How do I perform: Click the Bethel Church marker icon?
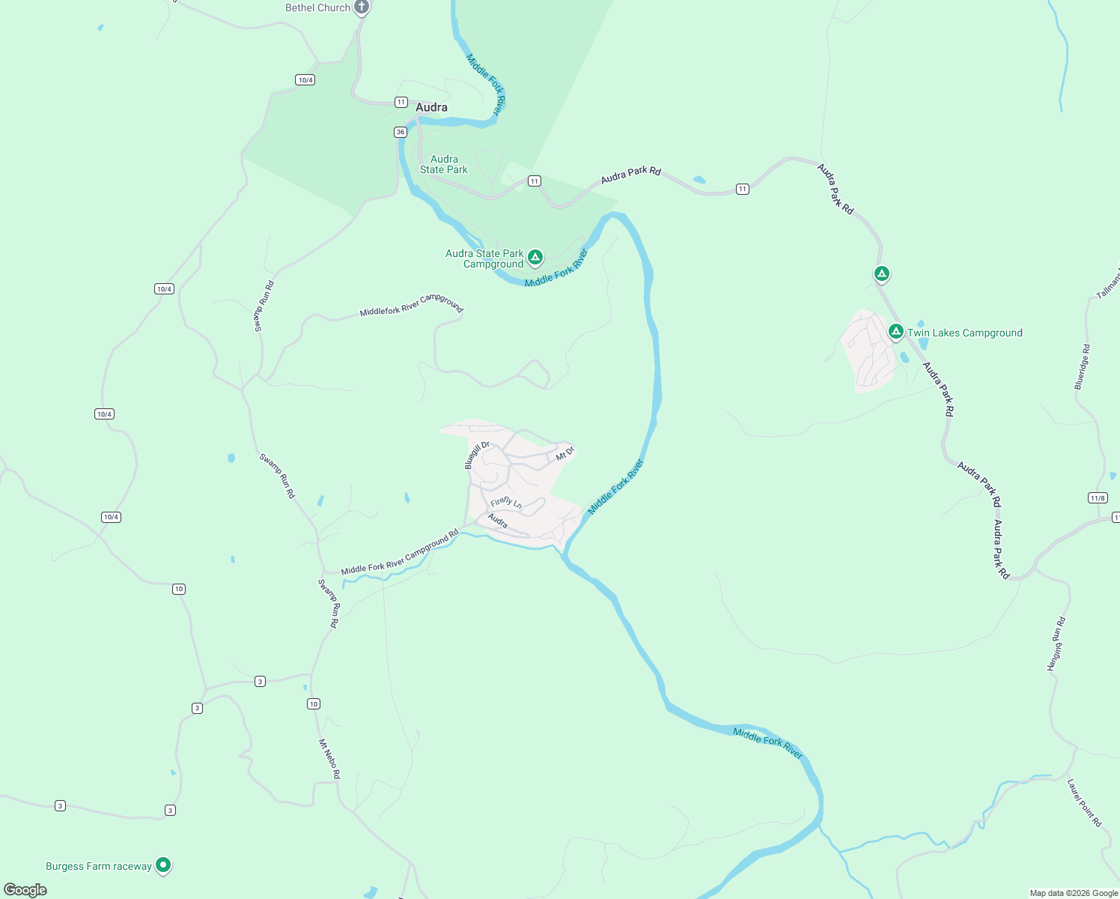362,8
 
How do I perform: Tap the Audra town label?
431,107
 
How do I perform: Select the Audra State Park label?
444,164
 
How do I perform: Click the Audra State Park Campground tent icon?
535,258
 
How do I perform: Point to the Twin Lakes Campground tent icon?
895,331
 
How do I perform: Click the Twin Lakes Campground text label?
964,333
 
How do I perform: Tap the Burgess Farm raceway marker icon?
163,865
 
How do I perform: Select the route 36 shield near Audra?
401,132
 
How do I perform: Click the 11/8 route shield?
1098,498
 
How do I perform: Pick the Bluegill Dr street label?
477,455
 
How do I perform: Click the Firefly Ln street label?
506,503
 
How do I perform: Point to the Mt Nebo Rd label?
329,758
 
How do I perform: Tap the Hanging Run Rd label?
1056,644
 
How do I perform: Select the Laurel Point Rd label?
1084,802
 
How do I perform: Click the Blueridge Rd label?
1083,367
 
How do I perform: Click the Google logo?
25,890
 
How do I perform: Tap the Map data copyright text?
1074,893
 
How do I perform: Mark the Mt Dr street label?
564,452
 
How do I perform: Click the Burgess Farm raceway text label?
99,866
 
